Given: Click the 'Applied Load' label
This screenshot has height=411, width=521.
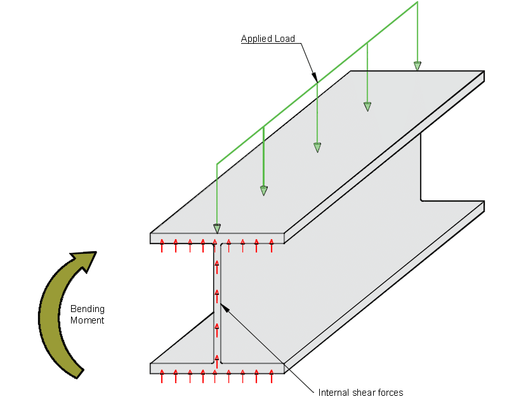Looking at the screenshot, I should pyautogui.click(x=268, y=39).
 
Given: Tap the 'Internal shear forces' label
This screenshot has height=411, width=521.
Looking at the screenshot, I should pyautogui.click(x=360, y=393).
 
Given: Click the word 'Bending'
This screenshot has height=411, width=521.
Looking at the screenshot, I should pyautogui.click(x=88, y=309).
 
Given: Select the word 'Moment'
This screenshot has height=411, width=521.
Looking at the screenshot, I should pyautogui.click(x=88, y=320).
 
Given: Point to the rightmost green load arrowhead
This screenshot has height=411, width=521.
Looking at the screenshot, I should pyautogui.click(x=418, y=65).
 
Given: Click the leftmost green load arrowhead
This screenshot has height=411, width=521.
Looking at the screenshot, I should pyautogui.click(x=217, y=228).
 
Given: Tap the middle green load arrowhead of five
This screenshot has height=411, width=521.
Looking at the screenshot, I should pyautogui.click(x=317, y=148).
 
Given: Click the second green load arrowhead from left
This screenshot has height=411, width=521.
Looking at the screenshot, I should pyautogui.click(x=264, y=190).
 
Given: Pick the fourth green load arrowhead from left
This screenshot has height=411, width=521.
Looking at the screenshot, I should pyautogui.click(x=367, y=107).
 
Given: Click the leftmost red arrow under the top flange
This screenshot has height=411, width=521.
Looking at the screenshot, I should pyautogui.click(x=162, y=245).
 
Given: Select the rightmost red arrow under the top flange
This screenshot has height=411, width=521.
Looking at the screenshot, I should pyautogui.click(x=272, y=245).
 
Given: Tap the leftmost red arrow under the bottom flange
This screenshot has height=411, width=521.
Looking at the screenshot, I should pyautogui.click(x=162, y=376).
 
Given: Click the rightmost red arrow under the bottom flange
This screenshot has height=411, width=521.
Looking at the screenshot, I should pyautogui.click(x=272, y=376).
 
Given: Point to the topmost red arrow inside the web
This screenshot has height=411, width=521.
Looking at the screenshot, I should pyautogui.click(x=217, y=266).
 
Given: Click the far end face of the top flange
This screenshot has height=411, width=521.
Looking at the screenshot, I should pyautogui.click(x=484, y=77).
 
